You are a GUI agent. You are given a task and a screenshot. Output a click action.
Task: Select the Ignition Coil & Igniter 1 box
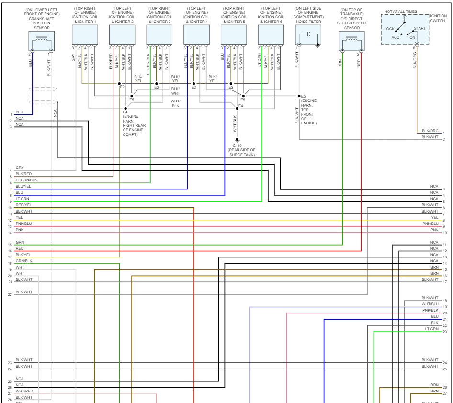[85, 34]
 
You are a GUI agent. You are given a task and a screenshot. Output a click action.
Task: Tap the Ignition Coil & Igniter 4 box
[196, 34]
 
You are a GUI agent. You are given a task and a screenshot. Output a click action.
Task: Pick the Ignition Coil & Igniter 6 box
[271, 34]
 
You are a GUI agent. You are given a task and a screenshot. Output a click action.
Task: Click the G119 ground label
[237, 145]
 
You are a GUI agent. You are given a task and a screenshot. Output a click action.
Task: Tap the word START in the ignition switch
[419, 29]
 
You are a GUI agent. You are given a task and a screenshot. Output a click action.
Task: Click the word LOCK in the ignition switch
[389, 29]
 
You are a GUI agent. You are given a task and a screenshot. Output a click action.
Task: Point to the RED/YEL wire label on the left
[23, 205]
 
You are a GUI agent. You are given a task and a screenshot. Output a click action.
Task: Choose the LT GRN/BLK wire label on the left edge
[26, 180]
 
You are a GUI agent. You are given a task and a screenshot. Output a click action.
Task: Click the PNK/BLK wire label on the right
[430, 310]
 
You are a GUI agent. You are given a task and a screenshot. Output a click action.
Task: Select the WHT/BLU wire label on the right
[430, 304]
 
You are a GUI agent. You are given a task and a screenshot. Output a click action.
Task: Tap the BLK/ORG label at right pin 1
[430, 131]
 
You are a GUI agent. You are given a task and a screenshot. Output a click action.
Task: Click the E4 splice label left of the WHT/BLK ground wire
[241, 106]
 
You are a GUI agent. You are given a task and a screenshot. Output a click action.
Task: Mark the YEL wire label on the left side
[19, 217]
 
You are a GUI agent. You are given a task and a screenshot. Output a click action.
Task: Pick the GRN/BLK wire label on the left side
[23, 261]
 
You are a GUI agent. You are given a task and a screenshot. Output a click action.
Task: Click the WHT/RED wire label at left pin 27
[23, 391]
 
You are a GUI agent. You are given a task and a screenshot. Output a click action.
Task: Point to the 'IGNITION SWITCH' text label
[438, 18]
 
